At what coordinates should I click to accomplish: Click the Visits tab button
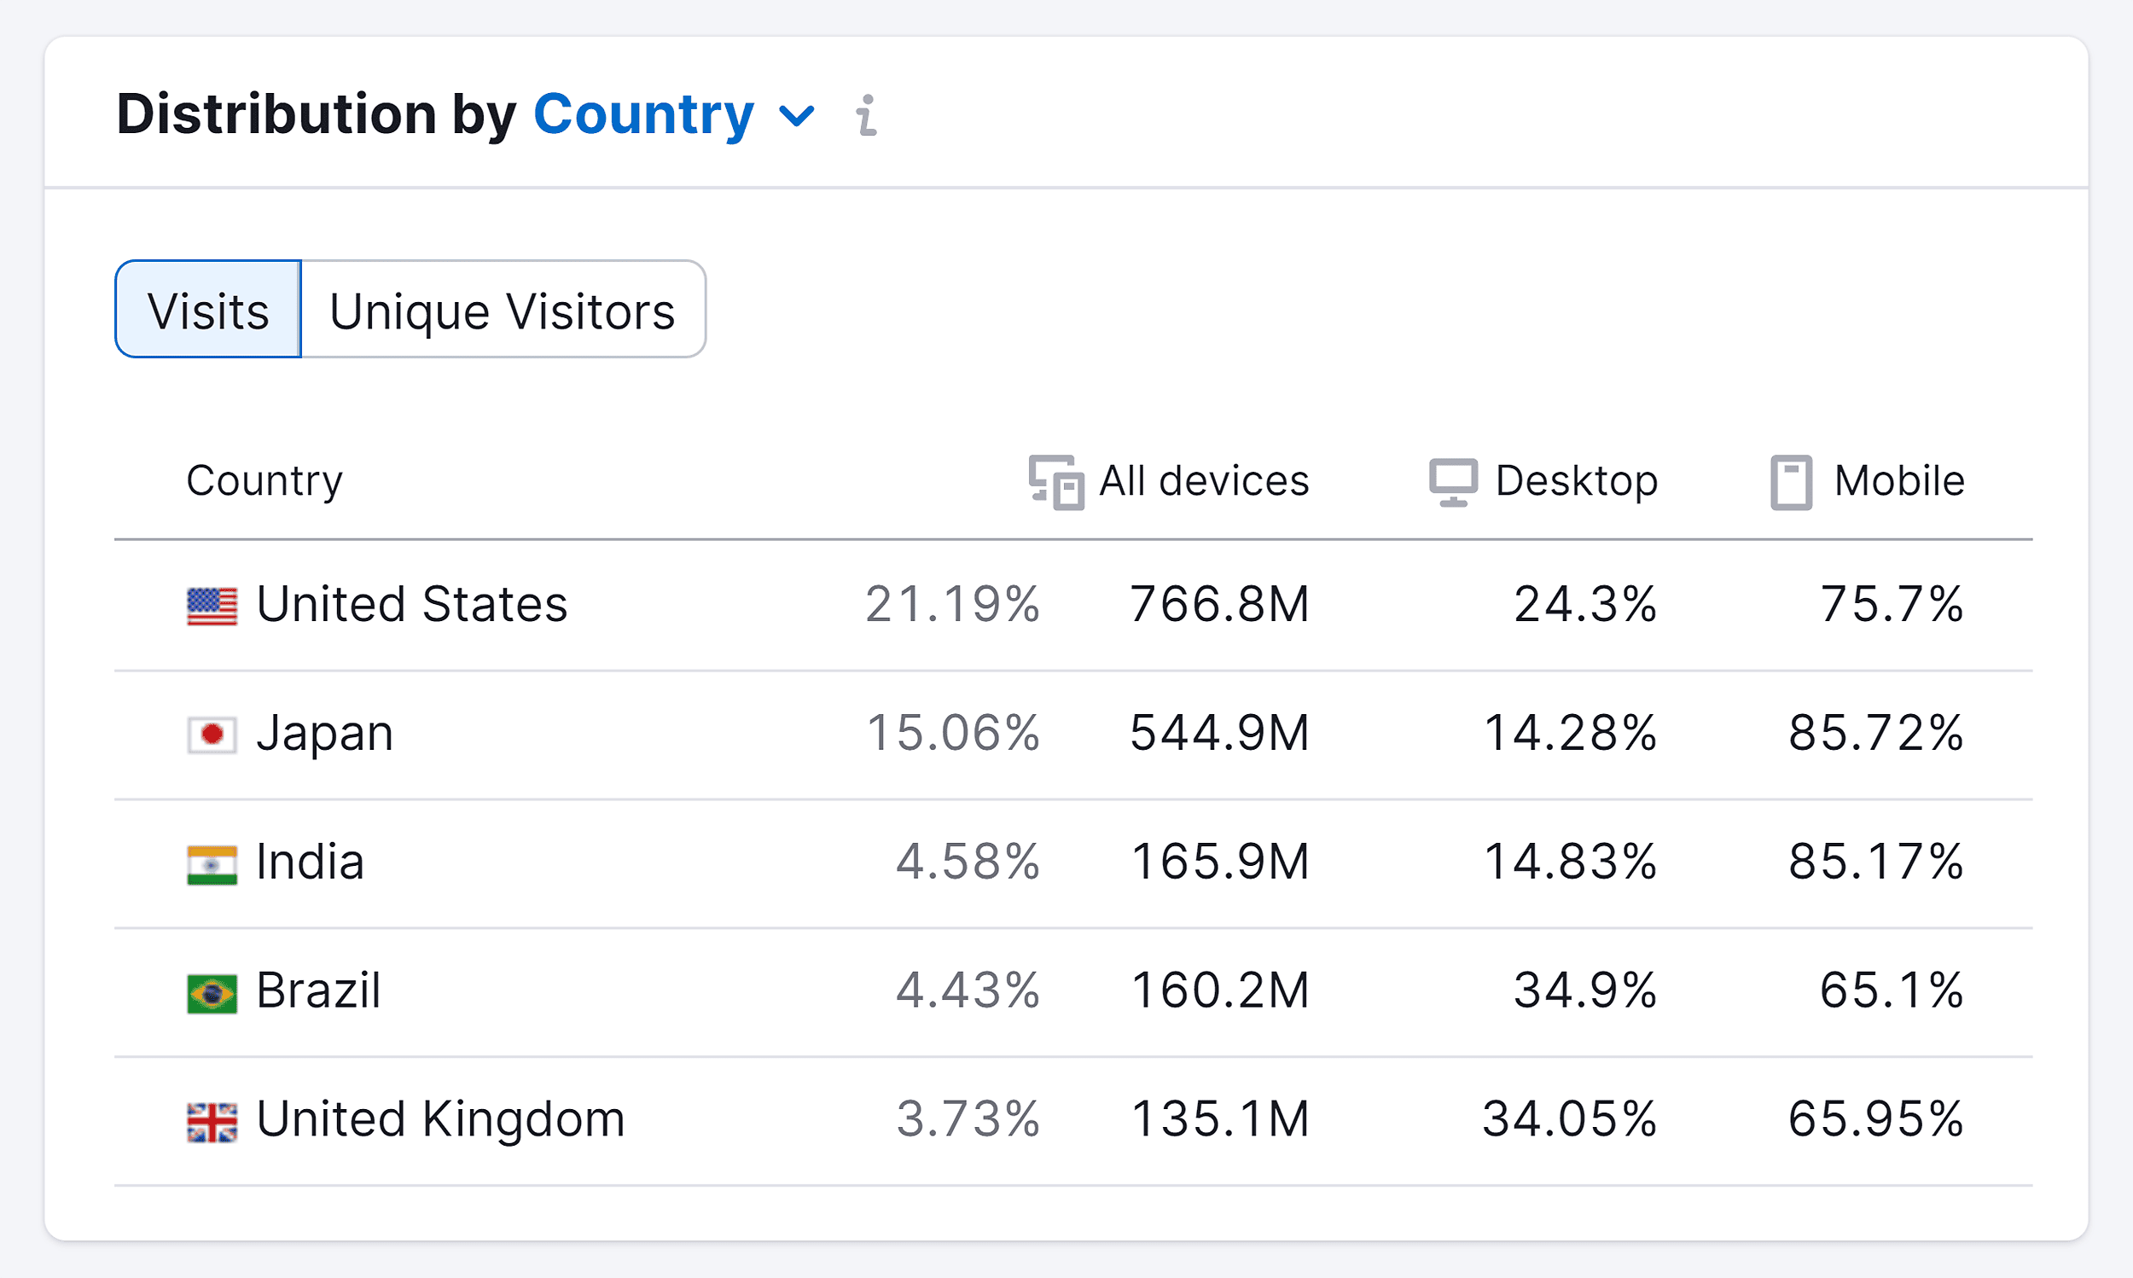tap(208, 309)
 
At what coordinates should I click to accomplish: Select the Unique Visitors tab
tap(503, 309)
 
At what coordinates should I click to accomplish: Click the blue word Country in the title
tap(643, 114)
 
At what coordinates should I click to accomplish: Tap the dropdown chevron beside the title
tap(797, 115)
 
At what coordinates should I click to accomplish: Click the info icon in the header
tap(866, 115)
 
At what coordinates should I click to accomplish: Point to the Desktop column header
tap(1544, 480)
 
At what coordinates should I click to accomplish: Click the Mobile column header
tap(1868, 480)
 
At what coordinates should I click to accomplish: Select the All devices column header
tap(1170, 480)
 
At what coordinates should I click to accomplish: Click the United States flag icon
tap(212, 607)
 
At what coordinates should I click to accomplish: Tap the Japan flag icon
tap(212, 735)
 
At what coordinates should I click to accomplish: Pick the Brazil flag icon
tap(212, 993)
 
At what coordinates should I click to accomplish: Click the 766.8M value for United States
tap(1219, 604)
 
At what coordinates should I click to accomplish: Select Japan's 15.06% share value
tap(952, 733)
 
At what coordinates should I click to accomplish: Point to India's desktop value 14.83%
tap(1570, 861)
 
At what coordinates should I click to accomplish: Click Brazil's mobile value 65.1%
tap(1891, 990)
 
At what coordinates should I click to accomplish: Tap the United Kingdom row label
tap(440, 1118)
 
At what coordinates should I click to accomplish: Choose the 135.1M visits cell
tap(1219, 1118)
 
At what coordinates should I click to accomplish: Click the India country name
tap(310, 861)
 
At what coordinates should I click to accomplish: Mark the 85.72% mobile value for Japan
tap(1875, 733)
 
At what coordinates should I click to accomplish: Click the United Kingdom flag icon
tap(212, 1122)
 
